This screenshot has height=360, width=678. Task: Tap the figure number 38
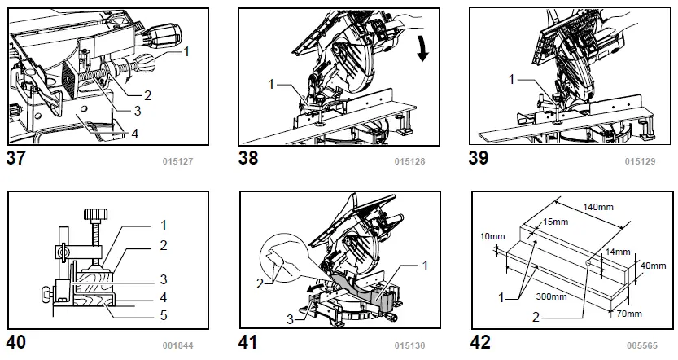[x=248, y=158]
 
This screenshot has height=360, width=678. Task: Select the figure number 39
[x=479, y=158]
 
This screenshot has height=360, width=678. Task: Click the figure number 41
[x=248, y=342]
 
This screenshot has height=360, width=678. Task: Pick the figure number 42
[x=480, y=342]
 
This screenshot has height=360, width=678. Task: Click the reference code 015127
[x=178, y=161]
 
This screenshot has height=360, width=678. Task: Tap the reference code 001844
[x=178, y=345]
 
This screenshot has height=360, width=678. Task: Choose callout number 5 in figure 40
[x=164, y=314]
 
